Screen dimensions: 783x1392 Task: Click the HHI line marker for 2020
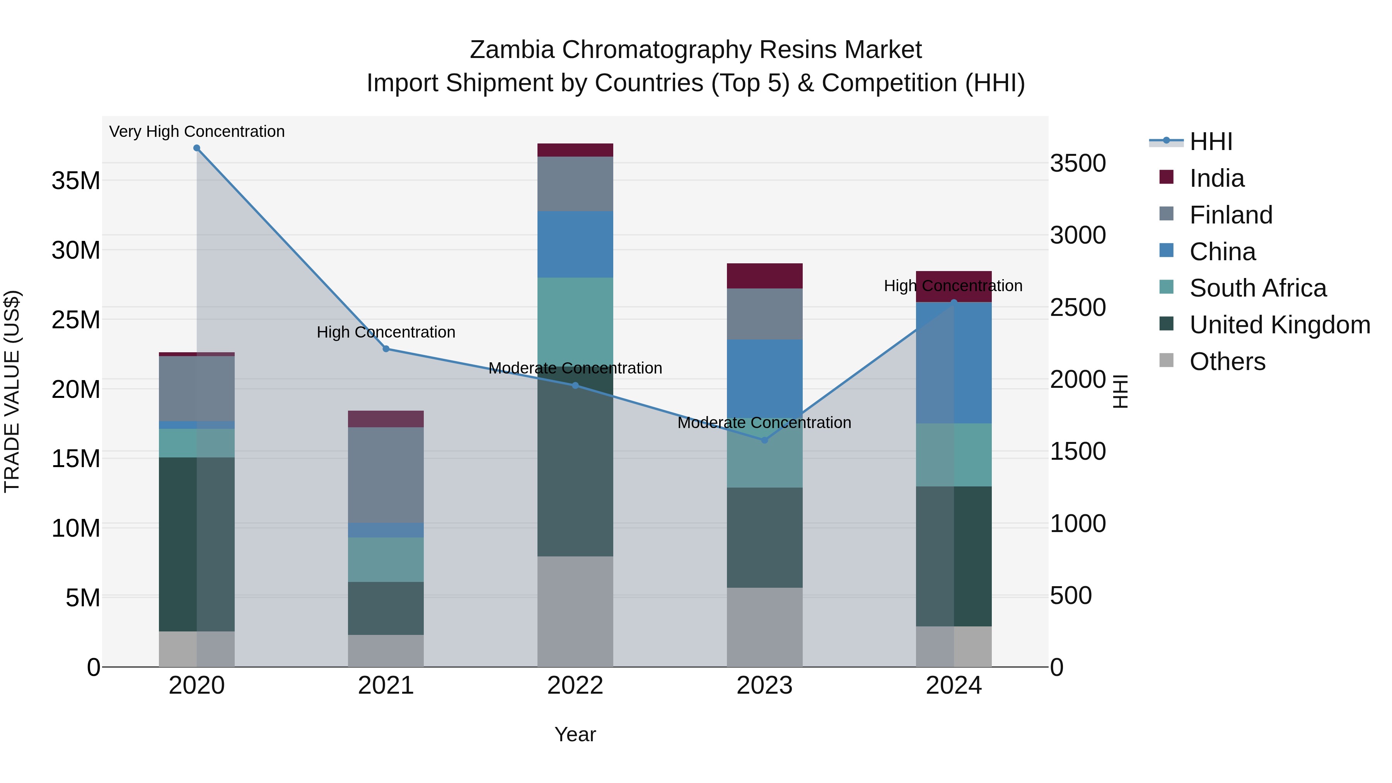197,148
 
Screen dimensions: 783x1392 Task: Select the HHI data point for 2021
386,349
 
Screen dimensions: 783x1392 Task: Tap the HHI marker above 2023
764,440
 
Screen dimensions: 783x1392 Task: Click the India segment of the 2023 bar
764,276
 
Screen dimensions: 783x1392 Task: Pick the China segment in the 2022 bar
575,244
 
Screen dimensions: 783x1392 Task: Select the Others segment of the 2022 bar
575,611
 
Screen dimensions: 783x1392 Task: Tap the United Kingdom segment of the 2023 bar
764,538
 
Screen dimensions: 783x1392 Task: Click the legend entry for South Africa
1257,288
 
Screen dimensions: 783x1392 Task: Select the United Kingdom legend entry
1279,325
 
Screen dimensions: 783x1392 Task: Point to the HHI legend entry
1210,142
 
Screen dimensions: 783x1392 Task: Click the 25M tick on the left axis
76,320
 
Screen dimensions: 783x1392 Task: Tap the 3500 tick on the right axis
1078,163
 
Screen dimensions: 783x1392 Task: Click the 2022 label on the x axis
575,686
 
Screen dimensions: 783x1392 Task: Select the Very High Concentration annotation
197,131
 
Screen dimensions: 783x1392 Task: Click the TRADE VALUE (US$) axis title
12,391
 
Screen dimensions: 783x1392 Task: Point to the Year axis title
575,734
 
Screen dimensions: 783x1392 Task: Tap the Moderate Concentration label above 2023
764,423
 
